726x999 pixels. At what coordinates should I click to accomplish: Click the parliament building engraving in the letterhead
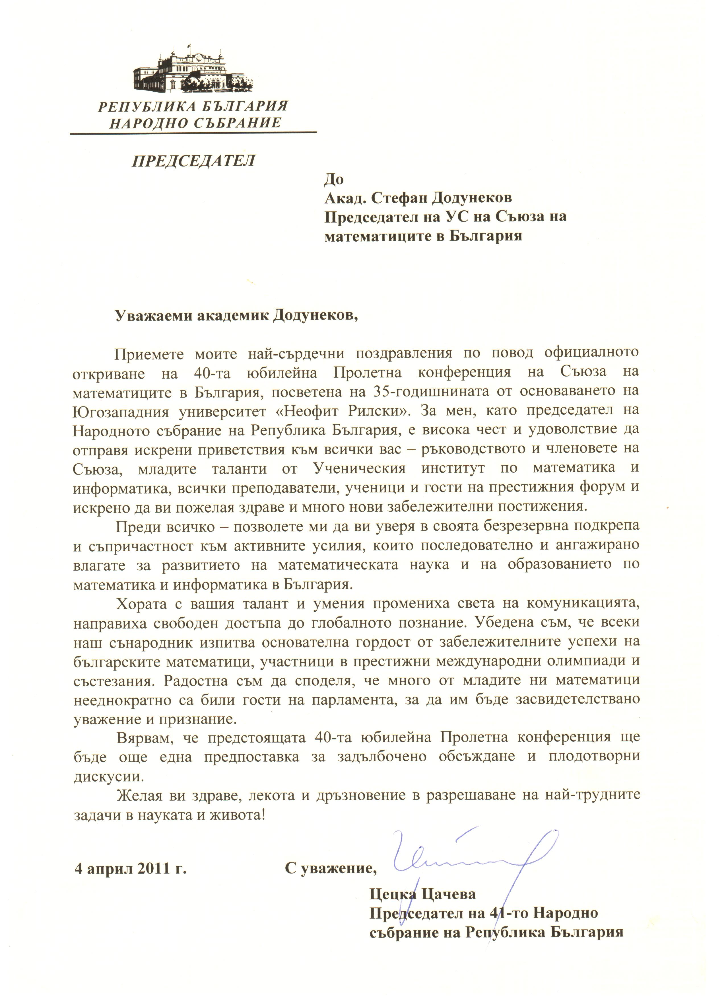[194, 71]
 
